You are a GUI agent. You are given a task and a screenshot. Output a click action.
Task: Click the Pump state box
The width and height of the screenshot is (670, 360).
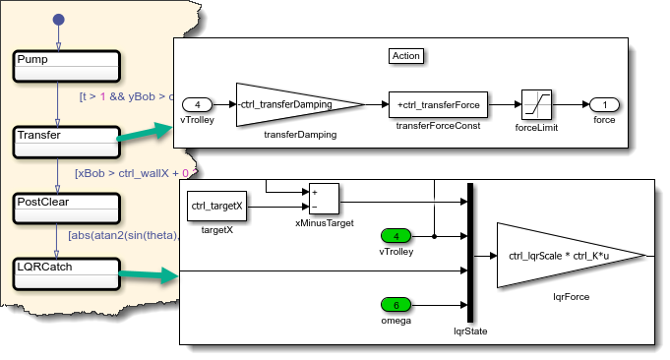click(67, 66)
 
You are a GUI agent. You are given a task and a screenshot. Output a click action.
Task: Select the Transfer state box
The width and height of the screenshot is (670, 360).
click(67, 143)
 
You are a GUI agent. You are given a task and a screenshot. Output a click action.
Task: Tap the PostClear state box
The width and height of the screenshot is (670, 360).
click(67, 209)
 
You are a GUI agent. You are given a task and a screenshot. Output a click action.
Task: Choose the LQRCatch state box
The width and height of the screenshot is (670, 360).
click(67, 273)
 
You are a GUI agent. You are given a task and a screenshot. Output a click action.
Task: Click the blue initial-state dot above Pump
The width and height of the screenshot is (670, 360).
click(59, 20)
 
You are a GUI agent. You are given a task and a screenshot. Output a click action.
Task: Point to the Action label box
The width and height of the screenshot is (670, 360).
click(406, 56)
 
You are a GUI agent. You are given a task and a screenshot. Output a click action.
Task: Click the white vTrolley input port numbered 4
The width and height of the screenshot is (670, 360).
click(197, 104)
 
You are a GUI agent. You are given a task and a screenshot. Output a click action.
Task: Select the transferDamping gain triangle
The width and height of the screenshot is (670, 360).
click(300, 104)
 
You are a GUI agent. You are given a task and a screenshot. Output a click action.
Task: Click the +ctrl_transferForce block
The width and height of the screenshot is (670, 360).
click(438, 104)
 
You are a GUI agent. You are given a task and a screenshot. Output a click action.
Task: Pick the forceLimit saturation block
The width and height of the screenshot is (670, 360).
click(536, 104)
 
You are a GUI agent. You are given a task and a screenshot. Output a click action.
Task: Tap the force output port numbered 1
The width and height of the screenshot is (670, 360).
click(604, 104)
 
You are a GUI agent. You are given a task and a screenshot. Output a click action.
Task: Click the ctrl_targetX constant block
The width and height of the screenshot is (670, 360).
click(217, 206)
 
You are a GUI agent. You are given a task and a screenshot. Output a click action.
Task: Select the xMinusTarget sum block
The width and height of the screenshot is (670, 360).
click(324, 199)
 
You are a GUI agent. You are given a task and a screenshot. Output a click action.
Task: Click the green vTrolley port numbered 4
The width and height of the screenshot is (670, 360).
click(396, 236)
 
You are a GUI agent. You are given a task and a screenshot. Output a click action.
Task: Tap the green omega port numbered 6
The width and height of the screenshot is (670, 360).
click(396, 305)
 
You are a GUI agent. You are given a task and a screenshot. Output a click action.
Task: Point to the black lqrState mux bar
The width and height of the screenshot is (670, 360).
click(470, 253)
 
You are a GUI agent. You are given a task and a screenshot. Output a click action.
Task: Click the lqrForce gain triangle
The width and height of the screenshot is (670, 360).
click(572, 256)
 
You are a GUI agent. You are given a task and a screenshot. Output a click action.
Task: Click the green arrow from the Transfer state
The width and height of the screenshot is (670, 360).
click(145, 132)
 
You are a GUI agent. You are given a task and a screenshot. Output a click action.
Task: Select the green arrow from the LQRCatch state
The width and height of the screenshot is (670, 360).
click(149, 274)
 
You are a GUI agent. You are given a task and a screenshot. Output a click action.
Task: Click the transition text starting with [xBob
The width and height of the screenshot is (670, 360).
click(136, 173)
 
